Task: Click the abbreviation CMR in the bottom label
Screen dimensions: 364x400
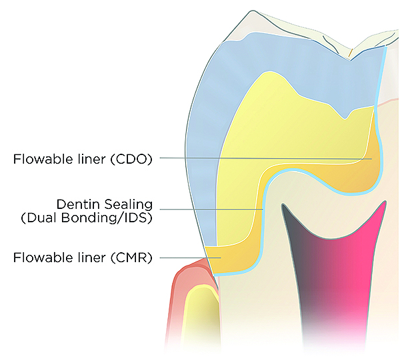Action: (x=133, y=256)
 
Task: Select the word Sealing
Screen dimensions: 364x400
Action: (x=129, y=204)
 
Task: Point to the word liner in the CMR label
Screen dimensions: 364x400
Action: (x=93, y=256)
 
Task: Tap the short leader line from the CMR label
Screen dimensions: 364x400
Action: (x=183, y=257)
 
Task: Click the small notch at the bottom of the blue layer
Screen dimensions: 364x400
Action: (x=345, y=118)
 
